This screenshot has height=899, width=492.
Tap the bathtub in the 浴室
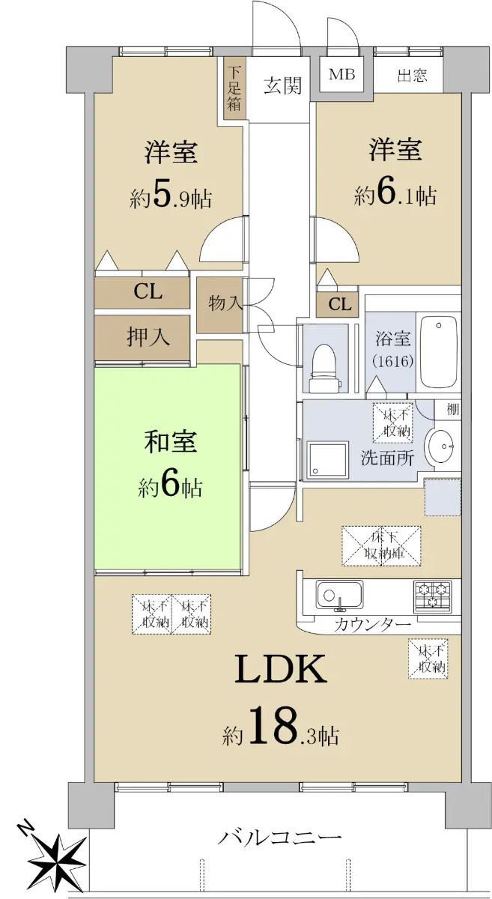tap(438, 351)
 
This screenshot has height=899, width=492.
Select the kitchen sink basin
tap(339, 596)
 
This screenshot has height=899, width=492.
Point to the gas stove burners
tap(433, 596)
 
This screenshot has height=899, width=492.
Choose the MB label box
tap(341, 76)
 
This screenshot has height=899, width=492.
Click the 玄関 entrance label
tap(283, 86)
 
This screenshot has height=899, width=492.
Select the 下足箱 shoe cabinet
tap(234, 88)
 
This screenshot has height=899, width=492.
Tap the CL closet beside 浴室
tap(339, 305)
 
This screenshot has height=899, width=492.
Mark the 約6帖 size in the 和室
tap(170, 487)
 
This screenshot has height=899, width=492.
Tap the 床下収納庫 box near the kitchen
tap(381, 545)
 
